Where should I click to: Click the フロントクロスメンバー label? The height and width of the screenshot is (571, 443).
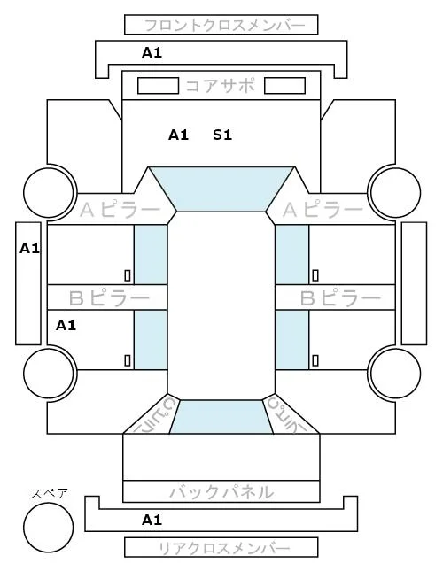point(224,26)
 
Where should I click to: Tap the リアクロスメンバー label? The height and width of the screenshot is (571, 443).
point(224,548)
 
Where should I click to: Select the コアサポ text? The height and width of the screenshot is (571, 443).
point(220,86)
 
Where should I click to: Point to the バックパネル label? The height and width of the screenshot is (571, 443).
point(221,492)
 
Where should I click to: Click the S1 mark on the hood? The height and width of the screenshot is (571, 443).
point(222,135)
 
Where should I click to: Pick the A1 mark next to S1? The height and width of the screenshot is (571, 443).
point(178,135)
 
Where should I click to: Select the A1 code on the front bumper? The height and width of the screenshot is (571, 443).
point(152,53)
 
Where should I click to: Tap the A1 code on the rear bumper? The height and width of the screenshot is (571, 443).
point(152,520)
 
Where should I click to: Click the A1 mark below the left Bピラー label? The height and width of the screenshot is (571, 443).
point(66,325)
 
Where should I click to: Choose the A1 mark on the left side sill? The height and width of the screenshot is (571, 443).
point(29,249)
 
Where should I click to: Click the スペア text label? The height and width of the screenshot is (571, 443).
point(50,494)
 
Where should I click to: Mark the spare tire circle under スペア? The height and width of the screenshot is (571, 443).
point(49,528)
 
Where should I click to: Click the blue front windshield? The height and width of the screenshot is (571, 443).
point(221,189)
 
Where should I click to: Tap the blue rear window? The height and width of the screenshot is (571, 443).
point(221,417)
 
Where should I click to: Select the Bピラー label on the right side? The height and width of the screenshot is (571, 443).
point(340,298)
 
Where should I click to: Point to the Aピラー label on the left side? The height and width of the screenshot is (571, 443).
point(120,210)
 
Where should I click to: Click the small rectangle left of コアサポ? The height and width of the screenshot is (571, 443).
point(158,86)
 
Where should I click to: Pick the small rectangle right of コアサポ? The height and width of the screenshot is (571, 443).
point(284,86)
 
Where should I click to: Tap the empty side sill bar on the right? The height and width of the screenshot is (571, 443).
point(414,283)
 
